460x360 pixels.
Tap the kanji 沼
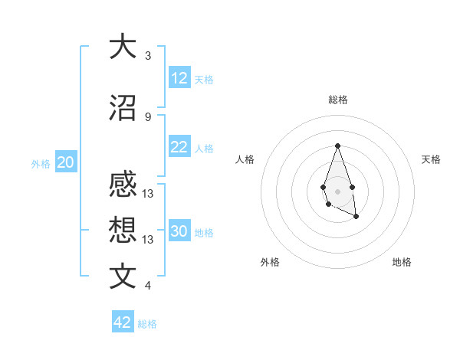pyautogui.click(x=123, y=107)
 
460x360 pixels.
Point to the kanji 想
pyautogui.click(x=123, y=230)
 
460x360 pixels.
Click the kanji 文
pyautogui.click(x=123, y=276)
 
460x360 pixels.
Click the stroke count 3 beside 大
pyautogui.click(x=147, y=56)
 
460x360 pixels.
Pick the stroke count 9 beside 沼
pyautogui.click(x=147, y=116)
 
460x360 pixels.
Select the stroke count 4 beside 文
pyautogui.click(x=147, y=286)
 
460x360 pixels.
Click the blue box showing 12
pyautogui.click(x=179, y=78)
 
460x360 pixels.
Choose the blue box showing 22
pyautogui.click(x=179, y=147)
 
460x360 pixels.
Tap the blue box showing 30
pyautogui.click(x=179, y=231)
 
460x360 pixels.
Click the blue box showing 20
pyautogui.click(x=66, y=162)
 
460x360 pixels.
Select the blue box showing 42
pyautogui.click(x=123, y=322)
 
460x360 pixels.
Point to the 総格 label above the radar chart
pyautogui.click(x=337, y=100)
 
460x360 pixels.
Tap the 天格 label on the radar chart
pyautogui.click(x=431, y=159)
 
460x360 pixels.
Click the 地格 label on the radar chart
pyautogui.click(x=402, y=262)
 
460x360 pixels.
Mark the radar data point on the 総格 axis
pyautogui.click(x=337, y=146)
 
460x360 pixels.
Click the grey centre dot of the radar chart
pyautogui.click(x=337, y=190)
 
